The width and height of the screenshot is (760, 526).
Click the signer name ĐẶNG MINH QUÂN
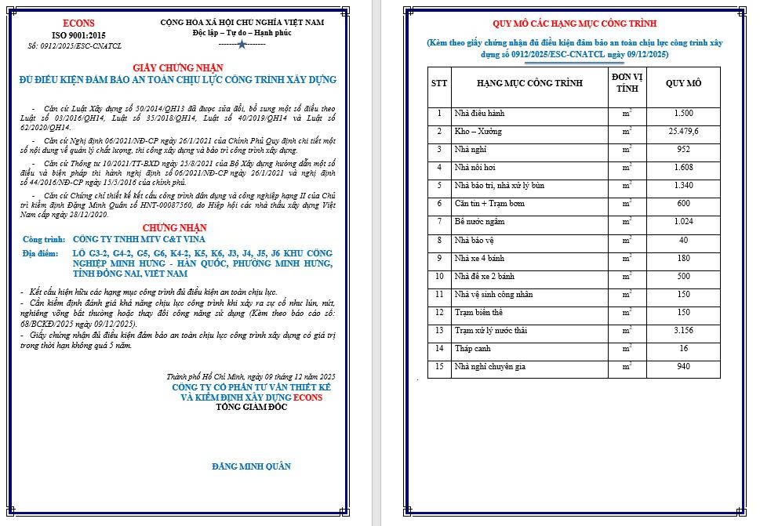pos(251,466)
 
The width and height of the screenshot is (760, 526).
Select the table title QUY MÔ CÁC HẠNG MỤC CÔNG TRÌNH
pos(575,24)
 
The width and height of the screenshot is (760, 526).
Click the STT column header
pos(440,83)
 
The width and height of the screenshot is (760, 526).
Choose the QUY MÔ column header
pos(683,83)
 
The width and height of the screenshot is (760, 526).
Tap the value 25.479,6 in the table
pos(683,132)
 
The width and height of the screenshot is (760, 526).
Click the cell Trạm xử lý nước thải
pos(490,330)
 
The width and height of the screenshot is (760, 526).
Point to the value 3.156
pos(683,330)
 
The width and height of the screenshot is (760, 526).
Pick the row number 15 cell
pos(440,366)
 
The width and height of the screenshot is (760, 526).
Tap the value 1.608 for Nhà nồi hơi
pos(683,168)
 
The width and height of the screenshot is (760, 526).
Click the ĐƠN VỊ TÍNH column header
pos(627,83)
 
